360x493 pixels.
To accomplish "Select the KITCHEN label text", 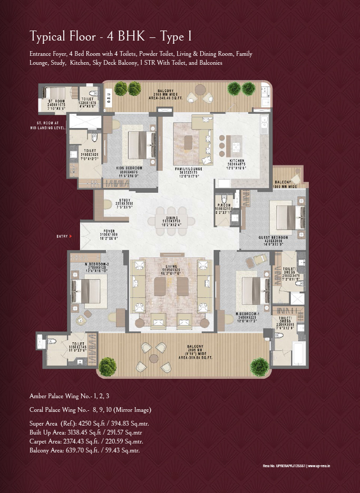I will click(235, 160).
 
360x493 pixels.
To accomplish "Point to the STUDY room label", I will click(124, 200).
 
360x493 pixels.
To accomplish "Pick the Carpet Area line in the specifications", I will click(86, 441).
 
